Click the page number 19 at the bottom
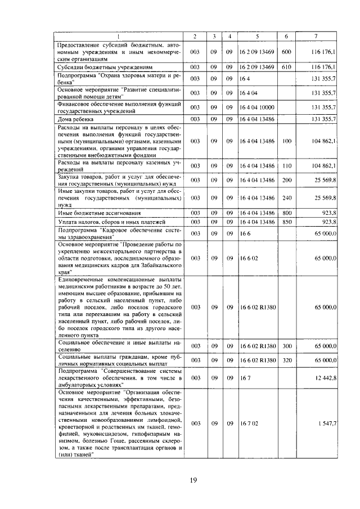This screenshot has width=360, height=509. tap(192, 479)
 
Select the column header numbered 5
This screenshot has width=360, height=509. tap(257, 37)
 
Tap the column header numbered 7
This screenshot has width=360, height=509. tap(316, 37)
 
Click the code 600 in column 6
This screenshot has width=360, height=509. tap(286, 52)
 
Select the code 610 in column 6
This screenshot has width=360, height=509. tap(286, 66)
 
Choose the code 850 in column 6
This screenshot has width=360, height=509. tap(286, 222)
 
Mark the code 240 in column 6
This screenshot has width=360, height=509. tap(286, 198)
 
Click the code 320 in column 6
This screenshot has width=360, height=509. tap(286, 359)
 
